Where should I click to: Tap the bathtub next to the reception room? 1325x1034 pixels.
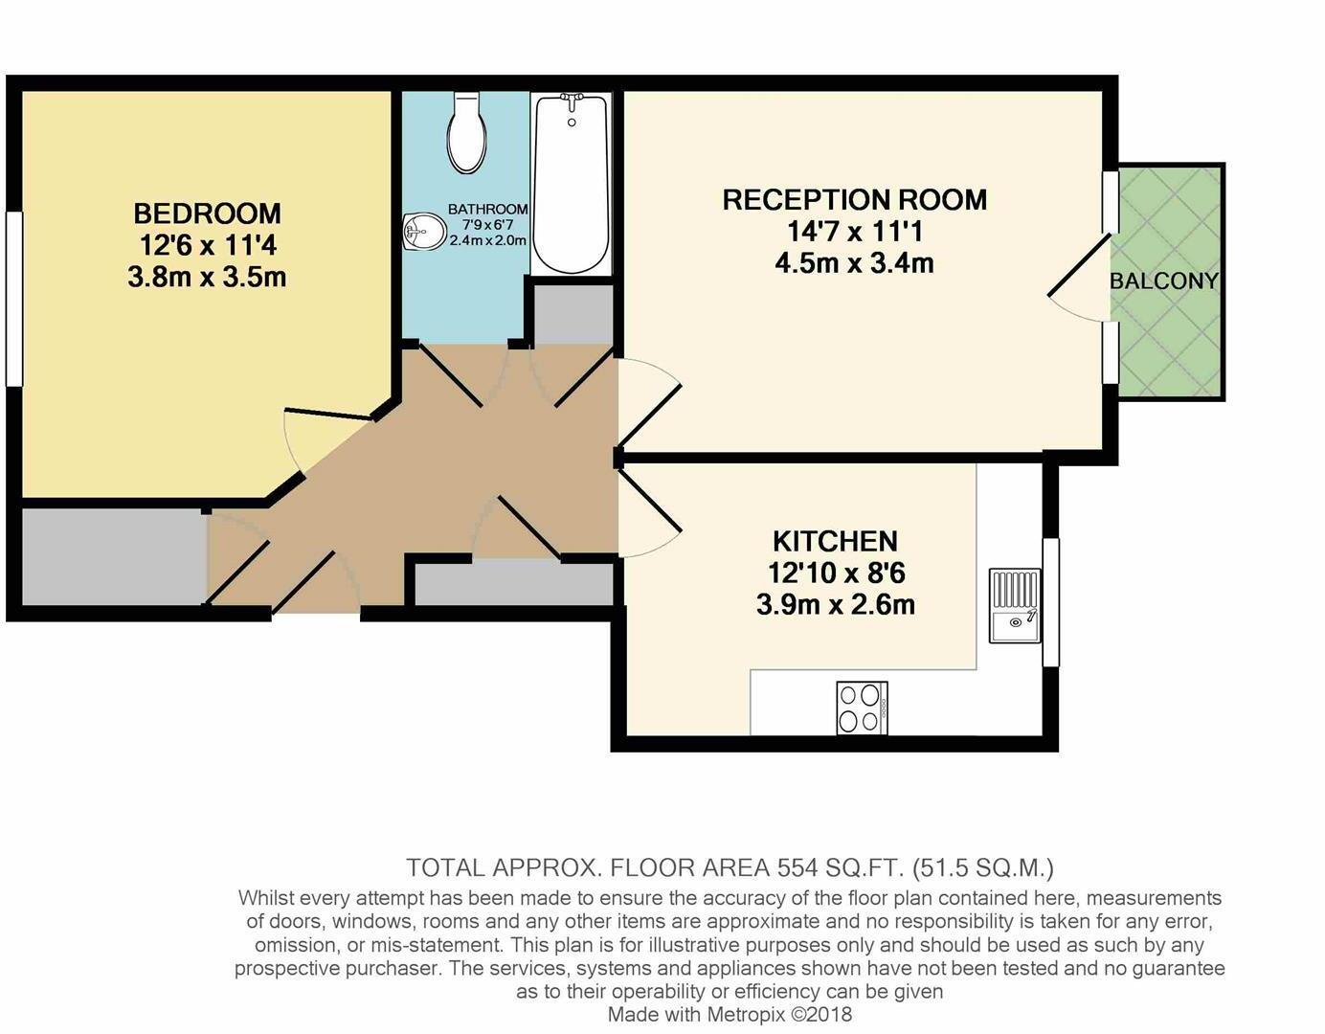571,184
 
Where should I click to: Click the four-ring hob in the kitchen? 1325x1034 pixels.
862,708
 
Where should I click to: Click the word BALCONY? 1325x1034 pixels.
1163,281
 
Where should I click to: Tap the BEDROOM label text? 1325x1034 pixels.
207,213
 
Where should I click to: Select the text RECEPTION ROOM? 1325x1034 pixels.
854,199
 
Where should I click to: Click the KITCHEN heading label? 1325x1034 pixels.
835,541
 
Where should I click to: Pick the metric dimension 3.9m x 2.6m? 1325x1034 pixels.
835,605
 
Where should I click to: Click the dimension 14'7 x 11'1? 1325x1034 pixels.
854,231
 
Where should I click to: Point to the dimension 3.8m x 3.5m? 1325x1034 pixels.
207,277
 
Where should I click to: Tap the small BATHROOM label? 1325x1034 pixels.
487,209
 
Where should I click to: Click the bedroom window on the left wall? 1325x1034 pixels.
13,299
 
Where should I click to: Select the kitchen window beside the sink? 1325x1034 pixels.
1050,602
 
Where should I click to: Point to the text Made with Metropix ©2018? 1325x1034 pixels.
730,1014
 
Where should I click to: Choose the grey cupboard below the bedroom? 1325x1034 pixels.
113,556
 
